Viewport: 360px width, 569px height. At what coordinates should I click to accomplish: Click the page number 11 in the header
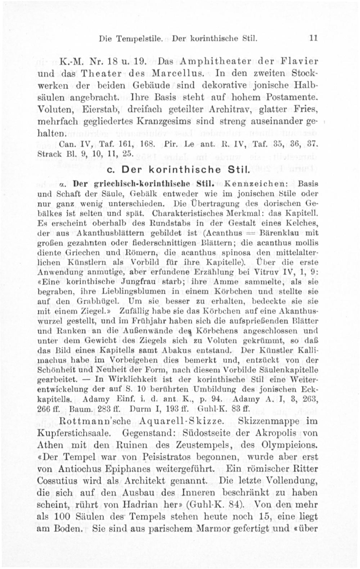(x=313, y=37)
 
